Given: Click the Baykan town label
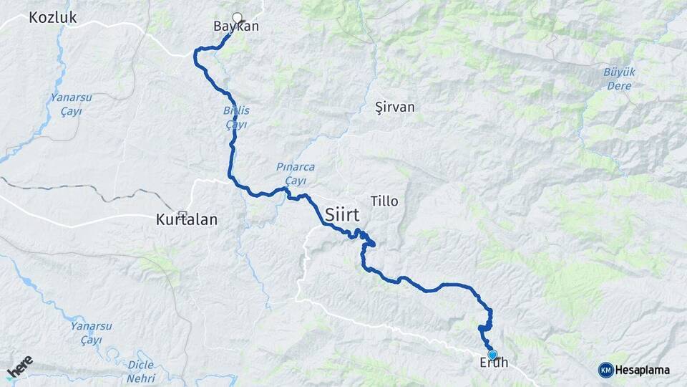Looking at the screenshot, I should click(235, 27).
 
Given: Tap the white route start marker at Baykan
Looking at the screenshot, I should click(238, 19).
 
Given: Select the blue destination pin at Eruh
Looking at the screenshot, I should click(492, 354).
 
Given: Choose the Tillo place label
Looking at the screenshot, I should click(384, 201).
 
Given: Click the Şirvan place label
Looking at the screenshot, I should click(395, 107).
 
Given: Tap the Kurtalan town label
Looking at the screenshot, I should click(186, 221).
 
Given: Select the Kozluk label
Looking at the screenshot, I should click(53, 18).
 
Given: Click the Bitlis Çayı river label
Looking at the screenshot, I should click(236, 118).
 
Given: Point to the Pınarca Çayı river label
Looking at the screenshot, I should click(296, 173).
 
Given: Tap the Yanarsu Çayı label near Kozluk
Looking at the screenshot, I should click(67, 104).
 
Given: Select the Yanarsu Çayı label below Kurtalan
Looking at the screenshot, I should click(91, 332).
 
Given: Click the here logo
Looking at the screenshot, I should click(19, 367).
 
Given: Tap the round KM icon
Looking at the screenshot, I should click(605, 369).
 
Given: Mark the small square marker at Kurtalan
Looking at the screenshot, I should click(182, 213).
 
